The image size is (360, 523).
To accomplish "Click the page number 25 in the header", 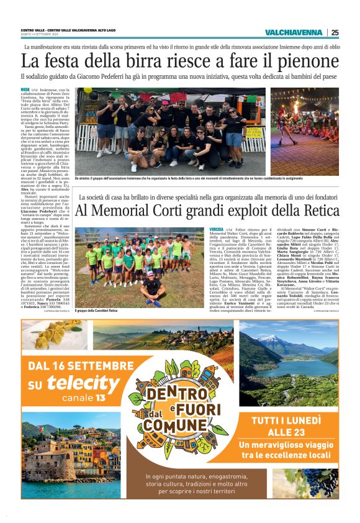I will point(335,32).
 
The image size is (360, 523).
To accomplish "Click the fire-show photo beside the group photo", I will point(304,130).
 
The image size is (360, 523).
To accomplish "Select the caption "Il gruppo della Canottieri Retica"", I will point(97,311).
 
